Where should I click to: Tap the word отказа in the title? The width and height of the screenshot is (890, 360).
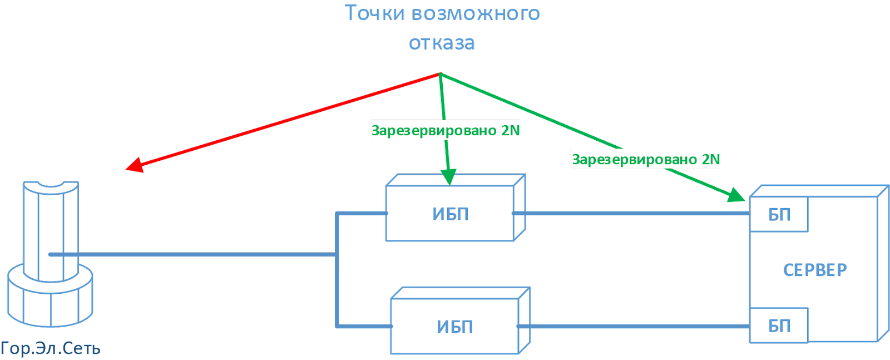coord(442,43)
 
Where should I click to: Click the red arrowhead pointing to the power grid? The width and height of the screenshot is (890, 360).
coord(133,165)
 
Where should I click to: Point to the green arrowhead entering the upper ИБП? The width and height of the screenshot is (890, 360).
coord(448,177)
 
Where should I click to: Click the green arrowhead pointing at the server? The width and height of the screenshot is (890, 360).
coord(737,195)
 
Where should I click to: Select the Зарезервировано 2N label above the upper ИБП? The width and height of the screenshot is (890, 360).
coord(445,131)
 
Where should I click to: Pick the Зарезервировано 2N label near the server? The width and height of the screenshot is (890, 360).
coord(645,160)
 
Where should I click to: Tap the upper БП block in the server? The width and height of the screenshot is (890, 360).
coord(779,215)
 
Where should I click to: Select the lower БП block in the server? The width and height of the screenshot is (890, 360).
coord(779,326)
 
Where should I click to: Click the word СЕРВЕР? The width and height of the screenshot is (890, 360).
coord(815,270)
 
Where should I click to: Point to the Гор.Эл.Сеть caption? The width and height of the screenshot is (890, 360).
coord(50,349)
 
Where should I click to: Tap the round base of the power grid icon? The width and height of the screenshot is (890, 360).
coord(50,300)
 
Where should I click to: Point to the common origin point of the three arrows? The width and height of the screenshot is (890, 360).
coord(440,73)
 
